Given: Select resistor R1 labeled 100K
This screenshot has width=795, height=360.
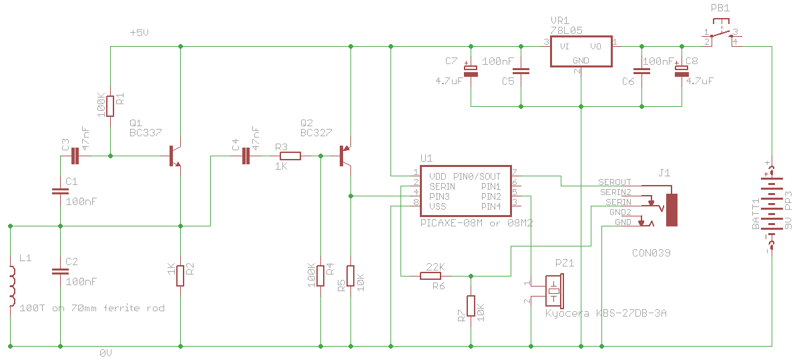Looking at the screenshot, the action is [110, 106].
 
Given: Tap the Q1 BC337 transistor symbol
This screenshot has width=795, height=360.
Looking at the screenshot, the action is [175, 156].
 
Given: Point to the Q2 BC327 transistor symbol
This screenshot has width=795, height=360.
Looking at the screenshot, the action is [345, 156].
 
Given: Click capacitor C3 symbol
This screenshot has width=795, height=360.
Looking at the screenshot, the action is [75, 156].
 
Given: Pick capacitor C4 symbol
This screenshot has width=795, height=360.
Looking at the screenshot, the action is [246, 156].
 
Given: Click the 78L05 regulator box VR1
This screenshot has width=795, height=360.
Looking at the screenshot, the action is [581, 53].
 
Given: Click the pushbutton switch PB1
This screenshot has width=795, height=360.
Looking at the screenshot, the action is [721, 31].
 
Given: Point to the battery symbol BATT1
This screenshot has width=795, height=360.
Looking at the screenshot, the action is [771, 207].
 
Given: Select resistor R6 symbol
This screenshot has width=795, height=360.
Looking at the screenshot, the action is [432, 276].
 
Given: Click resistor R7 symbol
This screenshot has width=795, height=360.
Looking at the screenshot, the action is [471, 307].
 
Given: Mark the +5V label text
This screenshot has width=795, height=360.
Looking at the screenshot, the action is [140, 33].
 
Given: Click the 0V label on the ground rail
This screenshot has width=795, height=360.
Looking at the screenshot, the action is [105, 353].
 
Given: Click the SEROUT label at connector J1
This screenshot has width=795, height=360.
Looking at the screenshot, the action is [615, 182].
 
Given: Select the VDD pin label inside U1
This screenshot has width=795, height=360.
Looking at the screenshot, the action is [437, 176].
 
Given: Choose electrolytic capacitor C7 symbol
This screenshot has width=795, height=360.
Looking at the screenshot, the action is [471, 71].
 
